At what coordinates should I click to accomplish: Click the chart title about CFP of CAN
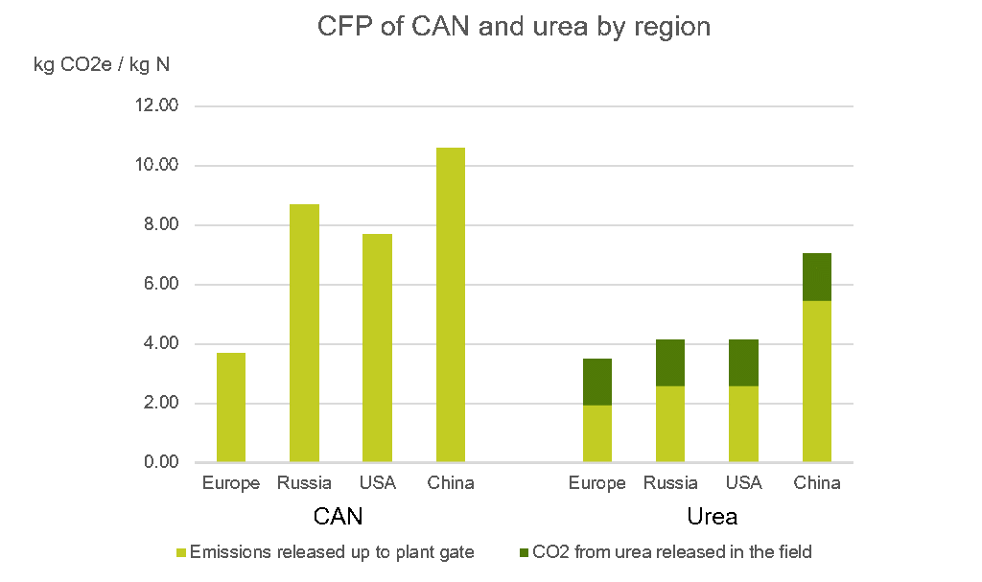pyautogui.click(x=514, y=26)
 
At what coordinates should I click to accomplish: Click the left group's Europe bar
pyautogui.click(x=231, y=407)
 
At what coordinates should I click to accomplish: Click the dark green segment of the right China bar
pyautogui.click(x=816, y=277)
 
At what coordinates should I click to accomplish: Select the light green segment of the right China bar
pyautogui.click(x=816, y=382)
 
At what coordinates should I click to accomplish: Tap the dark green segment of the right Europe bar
pyautogui.click(x=597, y=382)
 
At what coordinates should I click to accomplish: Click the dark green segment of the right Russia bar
pyautogui.click(x=670, y=362)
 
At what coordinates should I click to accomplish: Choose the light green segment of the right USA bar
pyautogui.click(x=743, y=424)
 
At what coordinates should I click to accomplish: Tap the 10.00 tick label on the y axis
pyautogui.click(x=156, y=166)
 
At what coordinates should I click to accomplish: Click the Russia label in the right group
pyautogui.click(x=670, y=483)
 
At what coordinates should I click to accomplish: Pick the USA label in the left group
pyautogui.click(x=377, y=483)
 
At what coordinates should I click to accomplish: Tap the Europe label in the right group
pyautogui.click(x=596, y=483)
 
